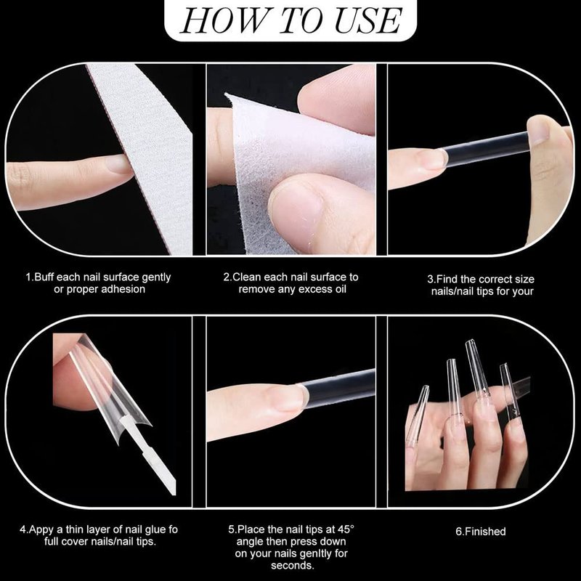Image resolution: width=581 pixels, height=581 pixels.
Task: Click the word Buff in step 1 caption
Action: pos(45,277)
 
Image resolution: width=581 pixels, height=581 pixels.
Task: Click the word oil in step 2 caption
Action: pos(339,289)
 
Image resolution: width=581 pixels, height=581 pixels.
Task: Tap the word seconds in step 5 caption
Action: pos(293,566)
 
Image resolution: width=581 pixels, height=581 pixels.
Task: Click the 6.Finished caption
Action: pos(481,532)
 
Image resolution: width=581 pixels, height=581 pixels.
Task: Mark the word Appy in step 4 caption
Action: pos(41,530)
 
